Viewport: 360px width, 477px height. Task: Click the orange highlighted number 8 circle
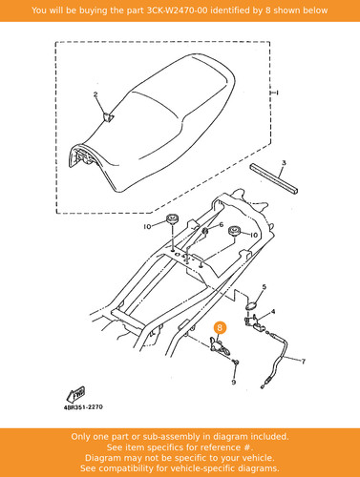[x=220, y=327]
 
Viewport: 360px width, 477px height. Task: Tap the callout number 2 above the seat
[x=95, y=94]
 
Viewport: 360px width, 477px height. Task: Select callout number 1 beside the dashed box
[x=277, y=93]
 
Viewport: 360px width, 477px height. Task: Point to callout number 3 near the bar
[x=284, y=163]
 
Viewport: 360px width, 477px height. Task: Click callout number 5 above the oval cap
[x=265, y=287]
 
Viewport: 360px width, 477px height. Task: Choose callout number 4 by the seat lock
[x=273, y=312]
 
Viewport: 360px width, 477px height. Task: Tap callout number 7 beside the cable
[x=304, y=362]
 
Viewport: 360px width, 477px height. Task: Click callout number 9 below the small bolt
[x=234, y=382]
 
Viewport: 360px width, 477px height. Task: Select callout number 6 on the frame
[x=222, y=225]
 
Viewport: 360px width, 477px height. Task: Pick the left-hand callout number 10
[x=147, y=227]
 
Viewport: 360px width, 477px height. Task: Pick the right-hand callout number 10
[x=254, y=235]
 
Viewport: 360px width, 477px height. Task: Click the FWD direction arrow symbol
[x=76, y=394]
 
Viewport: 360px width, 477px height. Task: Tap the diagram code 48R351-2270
[x=83, y=407]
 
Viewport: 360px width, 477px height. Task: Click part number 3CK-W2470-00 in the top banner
[x=178, y=10]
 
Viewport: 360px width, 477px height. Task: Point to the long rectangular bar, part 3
[x=274, y=178]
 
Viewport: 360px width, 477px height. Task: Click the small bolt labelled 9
[x=236, y=362]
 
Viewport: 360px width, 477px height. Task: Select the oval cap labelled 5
[x=252, y=305]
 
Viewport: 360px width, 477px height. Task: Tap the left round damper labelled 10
[x=172, y=218]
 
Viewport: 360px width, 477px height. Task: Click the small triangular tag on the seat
[x=108, y=117]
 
